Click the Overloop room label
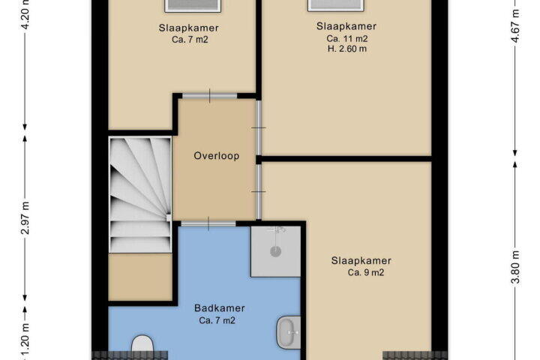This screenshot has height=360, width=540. click(216, 156)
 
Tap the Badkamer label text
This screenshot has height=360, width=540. click(219, 308)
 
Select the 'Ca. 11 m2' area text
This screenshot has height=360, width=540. click(346, 38)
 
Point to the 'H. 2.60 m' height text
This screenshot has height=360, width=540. click(346, 49)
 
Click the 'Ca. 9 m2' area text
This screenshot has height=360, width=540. click(366, 272)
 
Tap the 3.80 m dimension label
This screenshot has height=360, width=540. click(514, 267)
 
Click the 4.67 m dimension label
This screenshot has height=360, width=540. click(514, 25)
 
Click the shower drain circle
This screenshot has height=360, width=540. click(275, 251)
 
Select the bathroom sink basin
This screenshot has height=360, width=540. click(289, 332)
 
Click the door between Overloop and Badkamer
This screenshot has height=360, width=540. click(208, 224)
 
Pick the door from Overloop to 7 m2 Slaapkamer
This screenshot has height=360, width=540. click(210, 96)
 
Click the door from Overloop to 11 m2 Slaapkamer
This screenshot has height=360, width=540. click(259, 127)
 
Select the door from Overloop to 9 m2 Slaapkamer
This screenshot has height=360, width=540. click(259, 191)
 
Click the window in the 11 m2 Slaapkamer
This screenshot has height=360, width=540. click(336, 5)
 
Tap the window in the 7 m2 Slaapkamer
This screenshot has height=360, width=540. click(193, 5)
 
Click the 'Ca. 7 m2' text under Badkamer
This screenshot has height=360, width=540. click(217, 320)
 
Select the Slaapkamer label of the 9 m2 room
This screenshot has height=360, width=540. click(361, 261)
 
